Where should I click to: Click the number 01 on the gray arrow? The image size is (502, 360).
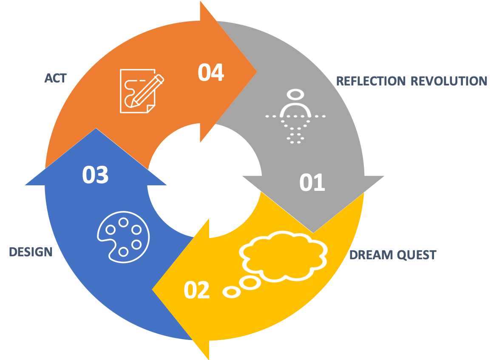(x=312, y=183)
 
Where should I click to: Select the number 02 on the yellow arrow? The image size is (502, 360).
(x=197, y=290)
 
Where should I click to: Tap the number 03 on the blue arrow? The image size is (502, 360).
(x=96, y=175)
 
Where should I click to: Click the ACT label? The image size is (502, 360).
(x=56, y=78)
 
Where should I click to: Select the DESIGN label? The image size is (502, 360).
(x=31, y=252)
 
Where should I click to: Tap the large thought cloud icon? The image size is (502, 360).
(x=284, y=255)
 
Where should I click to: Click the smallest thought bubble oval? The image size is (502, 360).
(x=232, y=292)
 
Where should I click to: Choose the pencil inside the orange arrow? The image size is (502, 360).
(x=147, y=91)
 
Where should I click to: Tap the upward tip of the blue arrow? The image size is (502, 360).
(x=96, y=130)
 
